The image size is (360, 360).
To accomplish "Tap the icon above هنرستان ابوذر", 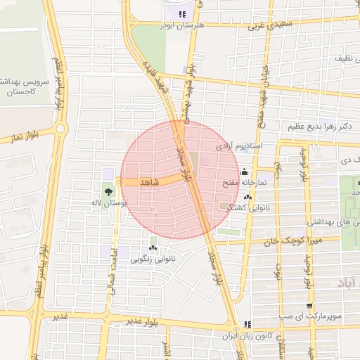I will pos(182,13).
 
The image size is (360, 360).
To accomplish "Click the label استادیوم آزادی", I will pos(239,146).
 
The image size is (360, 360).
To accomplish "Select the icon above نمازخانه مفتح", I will pos(244,172).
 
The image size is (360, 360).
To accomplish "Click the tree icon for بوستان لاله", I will pos(108,191).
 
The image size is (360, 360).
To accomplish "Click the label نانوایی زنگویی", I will pos(153,258).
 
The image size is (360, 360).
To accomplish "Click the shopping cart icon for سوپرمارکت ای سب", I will pos(309,306).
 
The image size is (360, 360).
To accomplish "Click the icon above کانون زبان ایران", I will pos(247,324).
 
